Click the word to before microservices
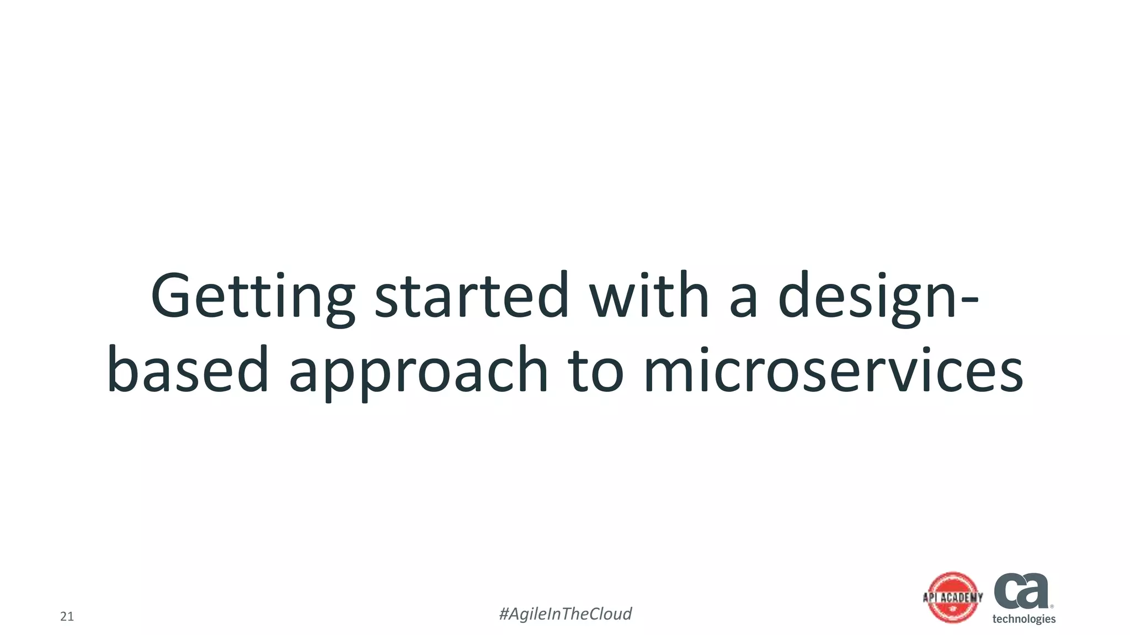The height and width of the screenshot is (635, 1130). point(596,370)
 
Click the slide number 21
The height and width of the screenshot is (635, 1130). point(67,617)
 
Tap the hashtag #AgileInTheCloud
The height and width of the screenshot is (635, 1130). point(565,614)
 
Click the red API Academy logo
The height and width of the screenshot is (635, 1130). point(953,598)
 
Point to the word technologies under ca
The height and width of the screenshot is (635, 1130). point(1024,619)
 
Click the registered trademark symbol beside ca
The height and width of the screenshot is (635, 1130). point(1052,606)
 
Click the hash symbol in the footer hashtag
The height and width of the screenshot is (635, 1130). point(504,614)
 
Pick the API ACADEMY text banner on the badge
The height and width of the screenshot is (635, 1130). point(953,598)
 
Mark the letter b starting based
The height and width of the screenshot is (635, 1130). point(120,368)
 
